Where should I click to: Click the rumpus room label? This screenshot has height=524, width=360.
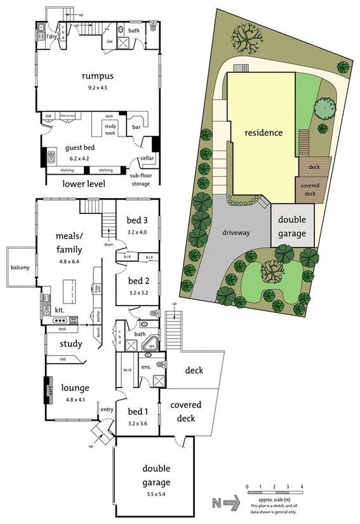tap(94, 76)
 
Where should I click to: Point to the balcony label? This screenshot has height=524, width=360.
tap(20, 267)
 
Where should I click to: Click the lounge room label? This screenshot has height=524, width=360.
tap(74, 387)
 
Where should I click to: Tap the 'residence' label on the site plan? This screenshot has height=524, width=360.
tap(264, 133)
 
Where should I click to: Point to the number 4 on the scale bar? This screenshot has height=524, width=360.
tap(302, 487)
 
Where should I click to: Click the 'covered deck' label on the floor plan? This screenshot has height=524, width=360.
tap(186, 412)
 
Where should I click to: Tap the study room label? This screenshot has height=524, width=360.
tap(71, 344)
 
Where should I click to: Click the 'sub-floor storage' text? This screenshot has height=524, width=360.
tap(140, 179)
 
